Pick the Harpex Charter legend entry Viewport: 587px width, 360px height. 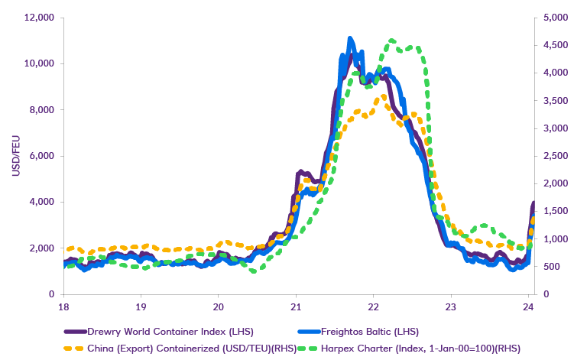pos(443,348)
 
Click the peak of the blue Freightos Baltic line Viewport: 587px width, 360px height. pos(350,39)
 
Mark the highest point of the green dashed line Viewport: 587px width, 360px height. pos(392,41)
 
